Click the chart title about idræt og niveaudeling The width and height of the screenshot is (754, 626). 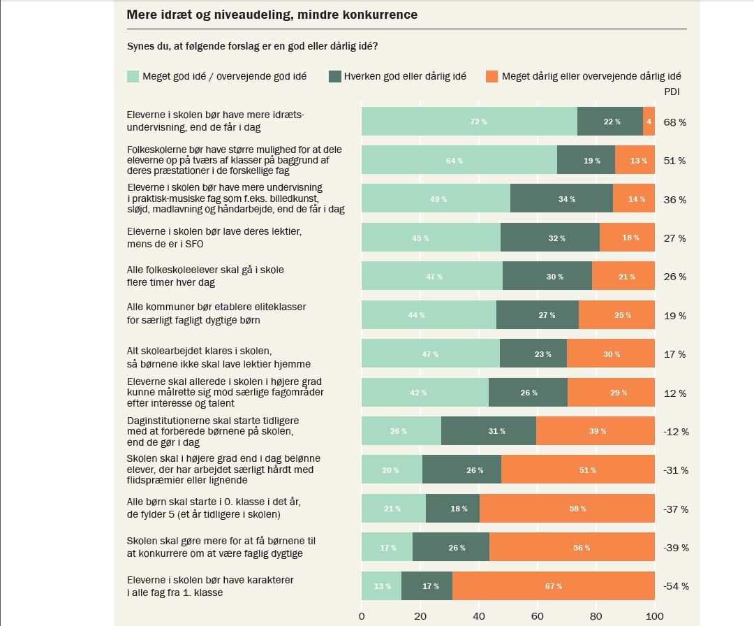[272, 15]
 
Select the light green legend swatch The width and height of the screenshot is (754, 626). [133, 76]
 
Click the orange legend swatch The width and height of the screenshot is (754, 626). [491, 76]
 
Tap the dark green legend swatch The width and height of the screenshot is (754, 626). [334, 76]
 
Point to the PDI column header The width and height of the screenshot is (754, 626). [672, 92]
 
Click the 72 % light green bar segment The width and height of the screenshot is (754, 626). [469, 122]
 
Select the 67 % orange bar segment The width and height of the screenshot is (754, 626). [554, 585]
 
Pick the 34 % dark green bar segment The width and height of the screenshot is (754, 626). [561, 199]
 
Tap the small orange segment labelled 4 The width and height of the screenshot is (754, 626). [649, 122]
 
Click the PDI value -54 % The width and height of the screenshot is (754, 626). [675, 586]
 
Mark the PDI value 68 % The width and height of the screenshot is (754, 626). [674, 122]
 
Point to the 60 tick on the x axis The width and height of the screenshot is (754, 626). [538, 616]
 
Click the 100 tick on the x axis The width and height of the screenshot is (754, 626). [654, 616]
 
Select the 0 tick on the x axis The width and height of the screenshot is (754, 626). [362, 616]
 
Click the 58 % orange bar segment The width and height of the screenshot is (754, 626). [567, 509]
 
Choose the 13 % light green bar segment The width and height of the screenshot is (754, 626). [381, 585]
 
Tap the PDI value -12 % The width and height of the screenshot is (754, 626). [675, 432]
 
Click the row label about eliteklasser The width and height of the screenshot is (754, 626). [216, 314]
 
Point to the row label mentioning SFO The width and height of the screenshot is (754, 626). [207, 238]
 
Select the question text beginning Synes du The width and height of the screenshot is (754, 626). [252, 47]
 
